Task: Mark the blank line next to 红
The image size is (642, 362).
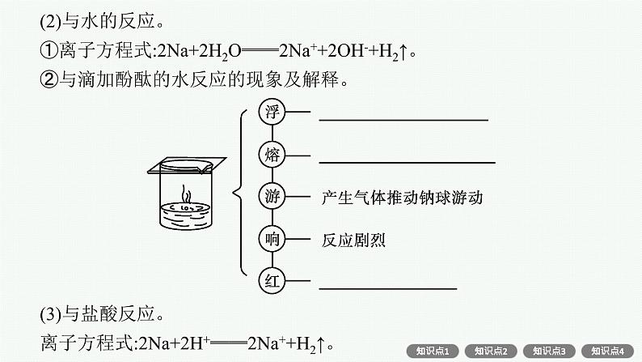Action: (x=387, y=287)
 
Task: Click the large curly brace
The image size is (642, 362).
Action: (x=240, y=194)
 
